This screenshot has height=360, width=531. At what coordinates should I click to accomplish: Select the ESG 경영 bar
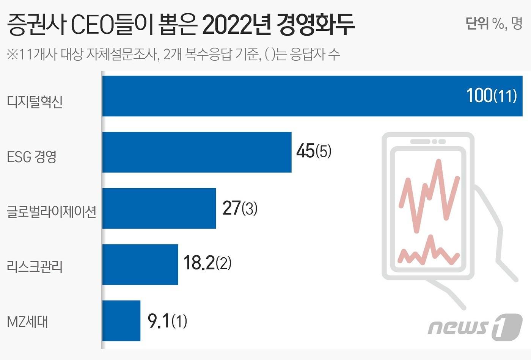click(197, 152)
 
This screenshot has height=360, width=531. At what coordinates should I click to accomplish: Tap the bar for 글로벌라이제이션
click(159, 208)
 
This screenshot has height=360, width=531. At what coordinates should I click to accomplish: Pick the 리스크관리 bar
click(140, 264)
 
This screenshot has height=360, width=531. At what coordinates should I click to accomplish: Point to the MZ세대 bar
click(121, 321)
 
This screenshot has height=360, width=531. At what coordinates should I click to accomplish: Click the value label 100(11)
click(491, 95)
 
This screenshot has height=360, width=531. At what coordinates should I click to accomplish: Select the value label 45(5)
click(314, 151)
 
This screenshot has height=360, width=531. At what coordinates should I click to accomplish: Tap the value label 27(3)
click(240, 208)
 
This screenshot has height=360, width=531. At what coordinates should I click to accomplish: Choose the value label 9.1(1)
click(167, 321)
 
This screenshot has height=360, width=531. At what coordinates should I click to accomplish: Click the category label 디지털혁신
click(35, 102)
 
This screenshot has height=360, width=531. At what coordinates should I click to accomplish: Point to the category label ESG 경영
click(32, 157)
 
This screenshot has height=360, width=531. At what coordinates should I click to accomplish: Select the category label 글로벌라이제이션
click(52, 211)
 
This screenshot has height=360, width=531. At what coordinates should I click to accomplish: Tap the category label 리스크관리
click(35, 267)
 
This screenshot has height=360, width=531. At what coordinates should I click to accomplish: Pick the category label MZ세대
click(28, 322)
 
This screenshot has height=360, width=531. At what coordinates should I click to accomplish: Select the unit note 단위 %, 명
click(494, 23)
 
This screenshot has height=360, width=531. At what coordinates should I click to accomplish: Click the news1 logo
click(475, 327)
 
